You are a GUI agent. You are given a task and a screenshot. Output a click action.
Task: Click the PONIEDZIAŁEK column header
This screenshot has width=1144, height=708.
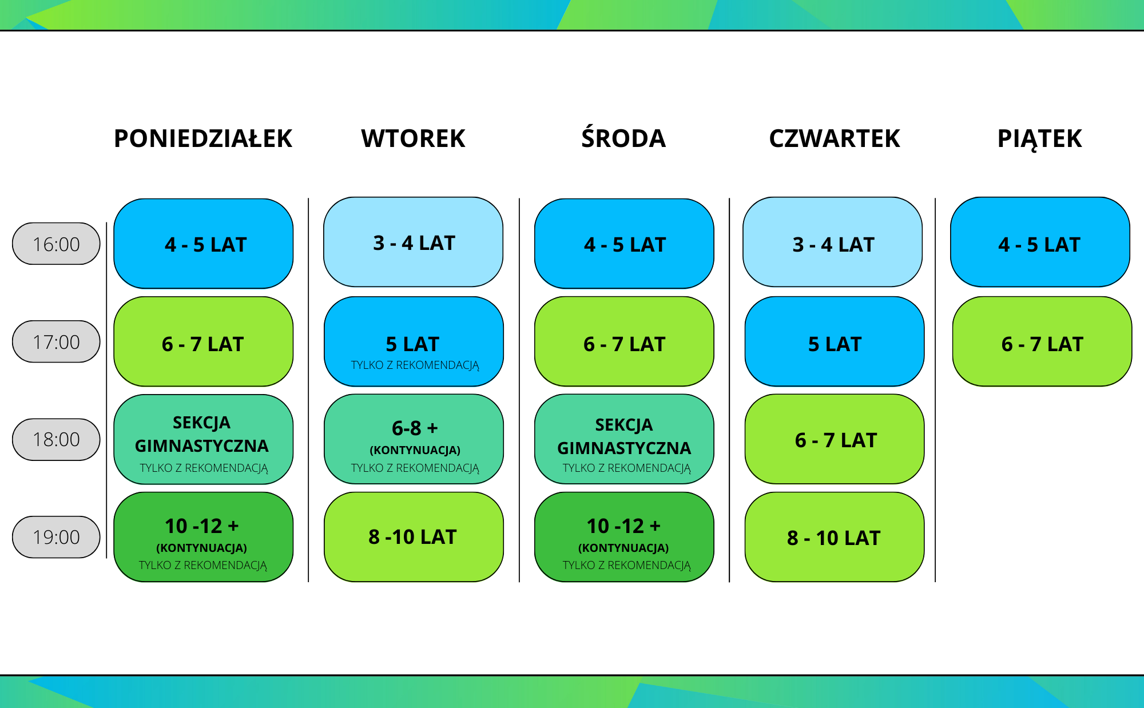pyautogui.click(x=203, y=138)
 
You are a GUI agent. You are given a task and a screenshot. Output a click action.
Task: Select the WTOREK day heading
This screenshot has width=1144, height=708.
pyautogui.click(x=413, y=138)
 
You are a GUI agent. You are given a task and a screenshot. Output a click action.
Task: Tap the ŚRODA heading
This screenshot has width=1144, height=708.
pyautogui.click(x=623, y=138)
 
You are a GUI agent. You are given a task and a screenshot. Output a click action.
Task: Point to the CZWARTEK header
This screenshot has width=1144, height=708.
pyautogui.click(x=835, y=138)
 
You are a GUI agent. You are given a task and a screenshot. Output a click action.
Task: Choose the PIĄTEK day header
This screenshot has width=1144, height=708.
pyautogui.click(x=1040, y=139)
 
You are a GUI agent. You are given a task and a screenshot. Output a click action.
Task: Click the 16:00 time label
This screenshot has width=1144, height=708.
pyautogui.click(x=56, y=244)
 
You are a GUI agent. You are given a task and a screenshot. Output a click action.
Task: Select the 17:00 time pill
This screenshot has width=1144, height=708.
pyautogui.click(x=56, y=341)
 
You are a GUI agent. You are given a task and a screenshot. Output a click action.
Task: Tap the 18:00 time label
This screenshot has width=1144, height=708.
pyautogui.click(x=56, y=439)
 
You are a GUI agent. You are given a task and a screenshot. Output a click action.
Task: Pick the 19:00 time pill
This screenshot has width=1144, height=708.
pyautogui.click(x=56, y=537)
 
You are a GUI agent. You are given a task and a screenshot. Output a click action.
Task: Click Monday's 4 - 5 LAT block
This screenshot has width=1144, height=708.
pyautogui.click(x=204, y=244)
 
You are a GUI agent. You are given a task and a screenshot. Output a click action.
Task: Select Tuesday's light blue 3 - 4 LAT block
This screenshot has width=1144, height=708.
pyautogui.click(x=413, y=242)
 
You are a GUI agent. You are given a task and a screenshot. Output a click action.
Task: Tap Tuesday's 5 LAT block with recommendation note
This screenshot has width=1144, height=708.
pyautogui.click(x=414, y=341)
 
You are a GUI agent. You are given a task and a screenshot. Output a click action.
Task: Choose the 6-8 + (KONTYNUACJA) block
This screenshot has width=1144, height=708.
pyautogui.click(x=414, y=439)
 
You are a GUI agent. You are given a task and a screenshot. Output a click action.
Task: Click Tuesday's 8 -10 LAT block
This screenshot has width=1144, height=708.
pyautogui.click(x=414, y=537)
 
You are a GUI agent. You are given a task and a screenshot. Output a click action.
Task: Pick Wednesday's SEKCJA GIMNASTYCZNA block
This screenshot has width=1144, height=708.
pyautogui.click(x=624, y=439)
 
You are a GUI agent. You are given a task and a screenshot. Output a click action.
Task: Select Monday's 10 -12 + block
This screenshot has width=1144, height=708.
pyautogui.click(x=204, y=537)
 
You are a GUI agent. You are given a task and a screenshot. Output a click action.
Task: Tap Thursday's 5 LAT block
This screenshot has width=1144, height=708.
pyautogui.click(x=835, y=341)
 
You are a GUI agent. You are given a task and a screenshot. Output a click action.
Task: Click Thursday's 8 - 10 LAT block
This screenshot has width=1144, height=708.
pyautogui.click(x=835, y=537)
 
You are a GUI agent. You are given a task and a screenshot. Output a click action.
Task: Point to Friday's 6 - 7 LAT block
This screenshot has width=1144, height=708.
pyautogui.click(x=1042, y=341)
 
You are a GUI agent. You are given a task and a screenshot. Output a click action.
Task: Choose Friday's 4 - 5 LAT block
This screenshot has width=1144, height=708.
pyautogui.click(x=1040, y=242)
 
